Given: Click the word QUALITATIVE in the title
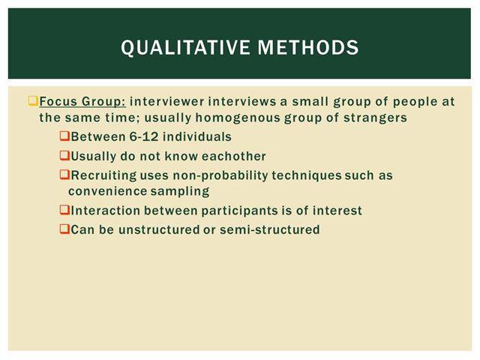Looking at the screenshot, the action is [185, 48].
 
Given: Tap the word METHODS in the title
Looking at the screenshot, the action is [308, 47].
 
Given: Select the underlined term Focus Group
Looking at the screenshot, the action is [82, 102].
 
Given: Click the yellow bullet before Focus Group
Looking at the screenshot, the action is [33, 100].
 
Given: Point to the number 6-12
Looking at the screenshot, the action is [143, 136].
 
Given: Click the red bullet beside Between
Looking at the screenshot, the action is [64, 136].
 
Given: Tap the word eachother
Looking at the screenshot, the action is [233, 156].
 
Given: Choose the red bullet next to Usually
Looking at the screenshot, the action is [64, 155].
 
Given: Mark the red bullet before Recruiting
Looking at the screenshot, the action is [64, 175].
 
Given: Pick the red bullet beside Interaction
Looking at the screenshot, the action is [64, 210].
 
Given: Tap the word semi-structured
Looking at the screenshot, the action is [270, 229].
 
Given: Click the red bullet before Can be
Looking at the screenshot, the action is [64, 229].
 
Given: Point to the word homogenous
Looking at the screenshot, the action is [238, 118].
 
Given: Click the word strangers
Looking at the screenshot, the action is [375, 118].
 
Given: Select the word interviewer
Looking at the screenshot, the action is [166, 102].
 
